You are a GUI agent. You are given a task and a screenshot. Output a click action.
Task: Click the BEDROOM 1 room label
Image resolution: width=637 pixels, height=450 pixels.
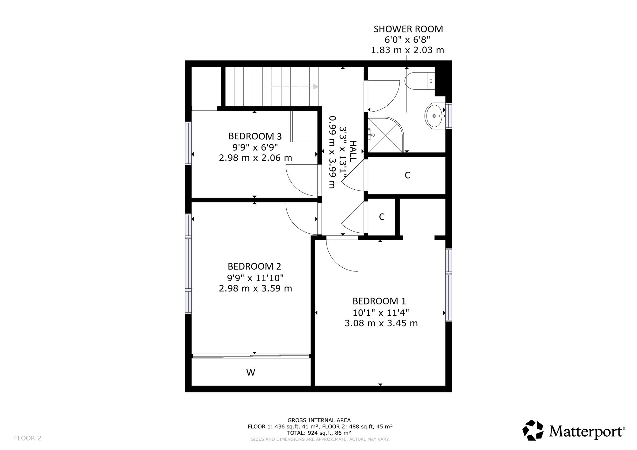(x=379, y=301)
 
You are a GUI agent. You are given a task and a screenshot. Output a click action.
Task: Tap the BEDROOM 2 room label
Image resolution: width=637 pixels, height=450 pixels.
(x=254, y=266)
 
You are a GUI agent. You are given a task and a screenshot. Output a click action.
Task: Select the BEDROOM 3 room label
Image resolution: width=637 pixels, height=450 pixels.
(x=255, y=136)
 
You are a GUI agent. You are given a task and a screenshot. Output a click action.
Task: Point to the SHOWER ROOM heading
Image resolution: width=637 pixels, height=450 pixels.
(x=408, y=29)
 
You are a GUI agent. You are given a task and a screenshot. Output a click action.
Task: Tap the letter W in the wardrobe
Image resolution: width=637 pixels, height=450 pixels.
(x=251, y=372)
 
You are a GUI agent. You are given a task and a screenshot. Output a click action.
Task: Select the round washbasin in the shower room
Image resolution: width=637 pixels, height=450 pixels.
(x=434, y=116)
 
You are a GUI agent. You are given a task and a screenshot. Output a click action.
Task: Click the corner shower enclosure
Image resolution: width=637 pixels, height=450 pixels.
(x=386, y=135)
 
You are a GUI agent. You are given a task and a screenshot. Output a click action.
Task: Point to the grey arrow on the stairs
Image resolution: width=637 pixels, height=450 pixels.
(x=295, y=87)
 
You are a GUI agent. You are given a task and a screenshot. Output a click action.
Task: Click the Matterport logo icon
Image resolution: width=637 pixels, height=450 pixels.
(x=533, y=430)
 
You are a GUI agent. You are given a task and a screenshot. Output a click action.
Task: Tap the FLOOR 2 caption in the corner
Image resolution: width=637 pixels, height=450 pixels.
(x=28, y=438)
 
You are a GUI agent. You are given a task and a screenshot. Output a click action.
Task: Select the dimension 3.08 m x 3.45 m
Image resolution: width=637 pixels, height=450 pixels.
(x=381, y=323)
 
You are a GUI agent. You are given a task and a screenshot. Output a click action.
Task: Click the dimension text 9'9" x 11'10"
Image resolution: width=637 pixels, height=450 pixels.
(x=255, y=278)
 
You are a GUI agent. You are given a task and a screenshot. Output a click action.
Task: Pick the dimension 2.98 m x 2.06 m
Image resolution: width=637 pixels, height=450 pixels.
(x=255, y=158)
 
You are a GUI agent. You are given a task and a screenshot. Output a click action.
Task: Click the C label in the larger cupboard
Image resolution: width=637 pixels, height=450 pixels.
(x=407, y=175)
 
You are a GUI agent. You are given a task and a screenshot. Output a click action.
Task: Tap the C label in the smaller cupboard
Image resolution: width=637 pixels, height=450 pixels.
(x=382, y=217)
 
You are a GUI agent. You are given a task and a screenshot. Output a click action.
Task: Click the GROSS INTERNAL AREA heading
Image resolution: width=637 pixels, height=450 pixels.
(x=319, y=420)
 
